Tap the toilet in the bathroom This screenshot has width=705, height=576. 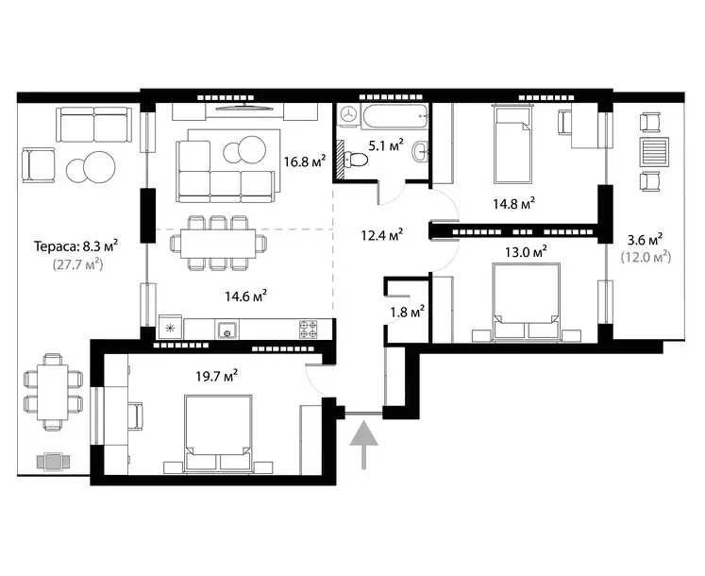(355, 160)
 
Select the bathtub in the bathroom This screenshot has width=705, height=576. (394, 116)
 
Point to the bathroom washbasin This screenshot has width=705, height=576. (420, 152)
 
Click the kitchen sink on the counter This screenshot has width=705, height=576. (227, 330)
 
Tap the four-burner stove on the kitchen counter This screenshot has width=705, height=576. (308, 329)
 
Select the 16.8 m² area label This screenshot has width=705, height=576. (305, 161)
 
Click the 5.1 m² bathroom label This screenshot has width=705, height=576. (385, 145)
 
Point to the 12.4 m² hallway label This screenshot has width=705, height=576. (381, 234)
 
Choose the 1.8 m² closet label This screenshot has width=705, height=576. (407, 312)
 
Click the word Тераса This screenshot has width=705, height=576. (57, 246)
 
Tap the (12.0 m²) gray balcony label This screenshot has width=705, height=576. (646, 257)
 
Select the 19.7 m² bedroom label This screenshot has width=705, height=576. (217, 376)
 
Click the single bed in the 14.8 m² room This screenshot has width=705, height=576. (512, 144)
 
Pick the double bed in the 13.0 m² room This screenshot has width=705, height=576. (526, 300)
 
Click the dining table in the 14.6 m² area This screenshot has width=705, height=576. (218, 244)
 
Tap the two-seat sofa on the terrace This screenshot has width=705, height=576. (94, 125)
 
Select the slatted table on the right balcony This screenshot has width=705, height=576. (654, 152)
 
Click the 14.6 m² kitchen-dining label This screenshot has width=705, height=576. (246, 296)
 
